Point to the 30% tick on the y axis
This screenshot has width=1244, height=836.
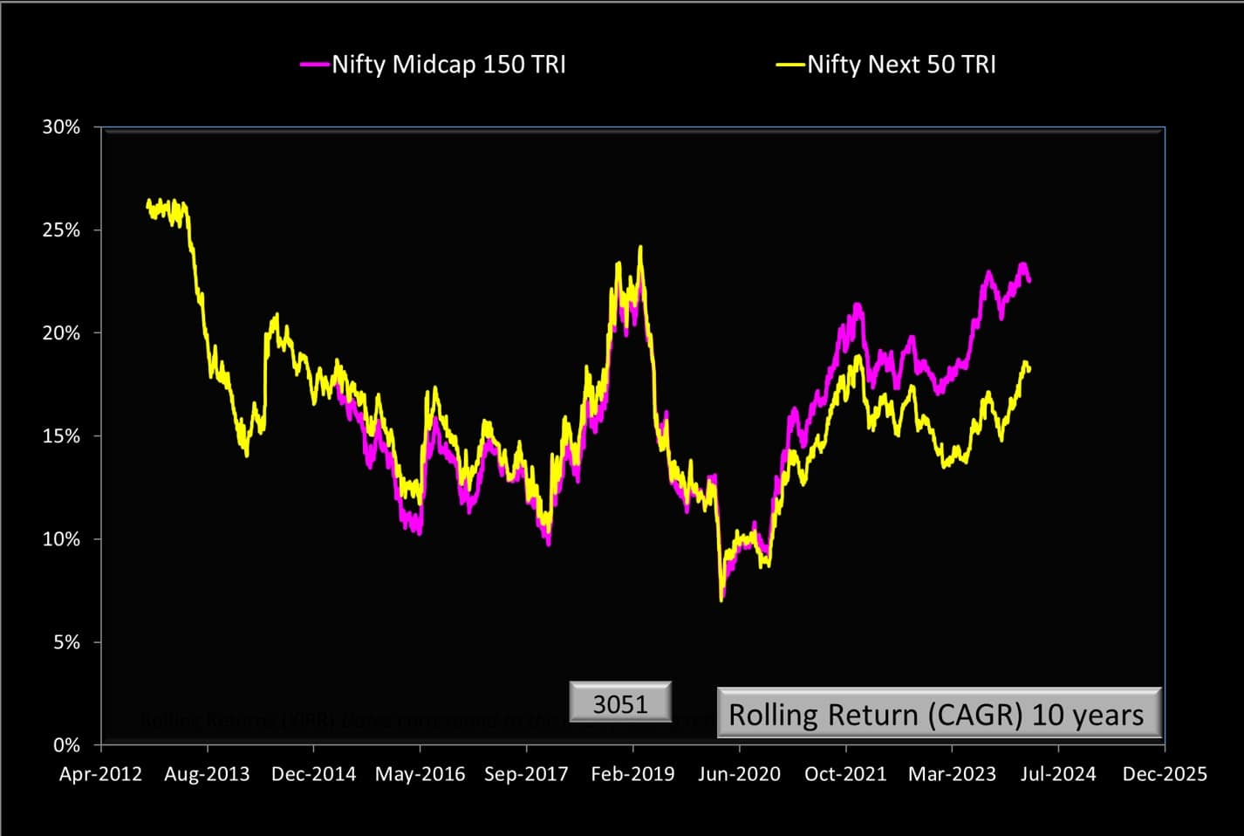point(61,127)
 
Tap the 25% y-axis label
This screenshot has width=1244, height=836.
point(61,230)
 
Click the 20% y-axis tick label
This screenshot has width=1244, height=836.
point(61,333)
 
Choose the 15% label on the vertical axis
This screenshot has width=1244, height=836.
point(61,436)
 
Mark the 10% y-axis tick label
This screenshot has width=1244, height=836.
point(61,539)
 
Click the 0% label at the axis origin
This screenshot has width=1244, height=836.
point(66,745)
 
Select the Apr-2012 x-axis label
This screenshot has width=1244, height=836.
point(100,774)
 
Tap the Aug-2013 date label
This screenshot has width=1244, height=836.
point(207,774)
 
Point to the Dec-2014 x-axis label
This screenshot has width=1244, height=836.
point(313,774)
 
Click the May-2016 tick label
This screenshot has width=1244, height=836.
point(420,774)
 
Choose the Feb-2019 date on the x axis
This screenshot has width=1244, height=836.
point(632,774)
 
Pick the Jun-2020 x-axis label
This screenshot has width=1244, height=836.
point(739,774)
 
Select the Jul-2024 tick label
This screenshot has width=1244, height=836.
point(1058,774)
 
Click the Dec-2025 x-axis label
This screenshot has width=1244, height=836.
point(1165,774)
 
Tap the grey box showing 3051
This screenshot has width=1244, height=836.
point(620,702)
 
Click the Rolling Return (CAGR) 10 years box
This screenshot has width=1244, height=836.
point(939,714)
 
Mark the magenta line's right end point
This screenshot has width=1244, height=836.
point(1029,281)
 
